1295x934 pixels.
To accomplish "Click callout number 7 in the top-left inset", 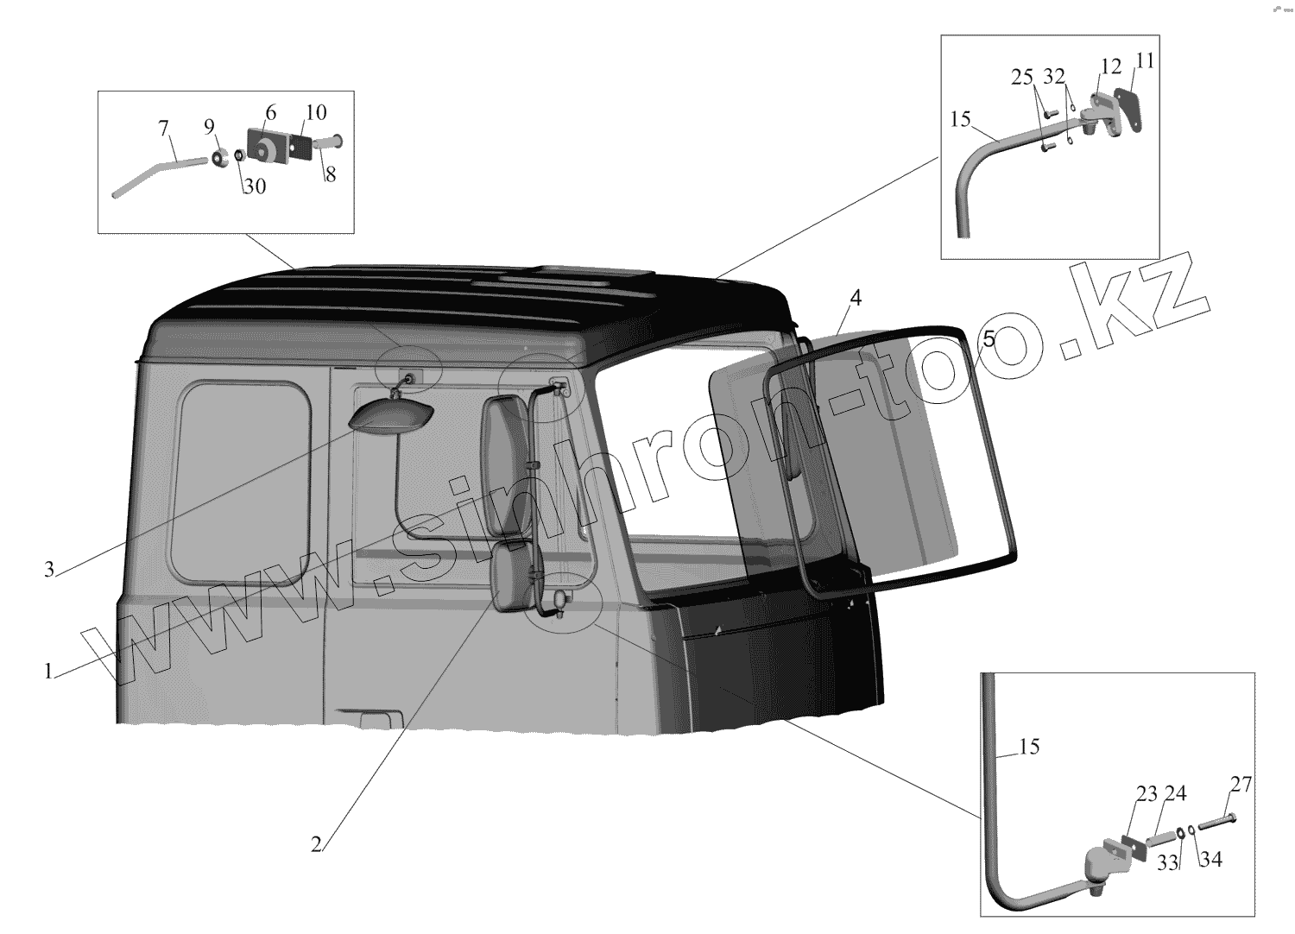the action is point(163,128).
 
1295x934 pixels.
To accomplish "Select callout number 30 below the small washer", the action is point(255,186).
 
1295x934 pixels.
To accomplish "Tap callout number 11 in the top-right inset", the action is point(1145,60).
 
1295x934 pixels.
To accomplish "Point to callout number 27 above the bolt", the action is point(1241,785).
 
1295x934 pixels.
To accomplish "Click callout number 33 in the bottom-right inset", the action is point(1168,863).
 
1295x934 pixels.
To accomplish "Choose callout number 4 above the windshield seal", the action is point(856,298).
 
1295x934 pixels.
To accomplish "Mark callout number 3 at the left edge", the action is point(49,570).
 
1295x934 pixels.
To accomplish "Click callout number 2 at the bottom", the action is point(316,844).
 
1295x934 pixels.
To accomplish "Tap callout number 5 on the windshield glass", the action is point(989,339).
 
